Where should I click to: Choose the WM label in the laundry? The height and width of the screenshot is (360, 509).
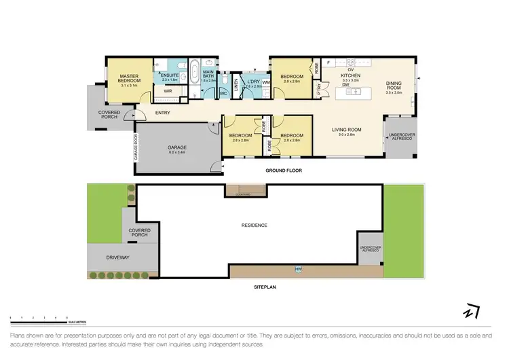265,82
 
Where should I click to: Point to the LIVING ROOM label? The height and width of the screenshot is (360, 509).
346,129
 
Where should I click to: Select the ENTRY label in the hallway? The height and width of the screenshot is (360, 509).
163,113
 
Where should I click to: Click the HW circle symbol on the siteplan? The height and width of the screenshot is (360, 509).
298,271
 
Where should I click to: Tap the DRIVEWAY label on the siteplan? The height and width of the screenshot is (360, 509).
118,258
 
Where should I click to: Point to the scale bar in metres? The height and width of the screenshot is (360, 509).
41,317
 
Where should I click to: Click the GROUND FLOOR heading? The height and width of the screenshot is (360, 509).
284,170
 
